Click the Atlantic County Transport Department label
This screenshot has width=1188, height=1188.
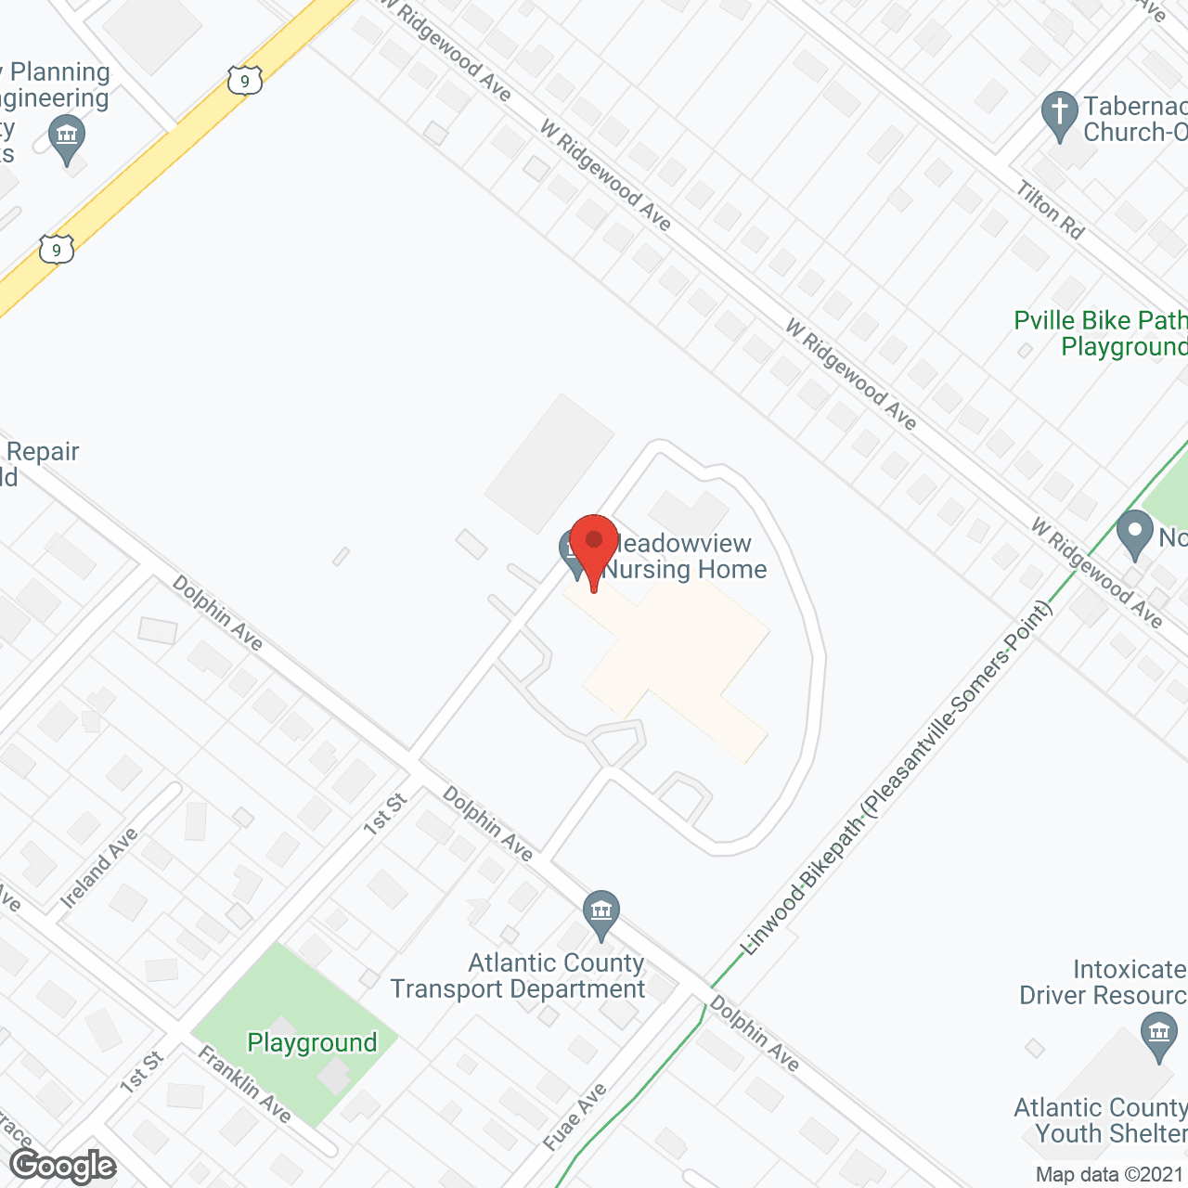tap(518, 976)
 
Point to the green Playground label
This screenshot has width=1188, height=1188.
tap(312, 1043)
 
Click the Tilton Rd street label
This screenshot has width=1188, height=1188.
tap(1051, 211)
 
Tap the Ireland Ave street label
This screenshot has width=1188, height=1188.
tap(98, 868)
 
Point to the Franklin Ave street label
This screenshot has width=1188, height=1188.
tap(245, 1084)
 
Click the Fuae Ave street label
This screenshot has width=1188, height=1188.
tap(575, 1117)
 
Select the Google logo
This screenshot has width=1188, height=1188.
tap(63, 1166)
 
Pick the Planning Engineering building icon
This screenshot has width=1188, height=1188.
tap(66, 138)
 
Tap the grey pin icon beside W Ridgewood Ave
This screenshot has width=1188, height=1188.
tap(1134, 536)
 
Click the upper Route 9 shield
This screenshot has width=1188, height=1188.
tap(244, 81)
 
